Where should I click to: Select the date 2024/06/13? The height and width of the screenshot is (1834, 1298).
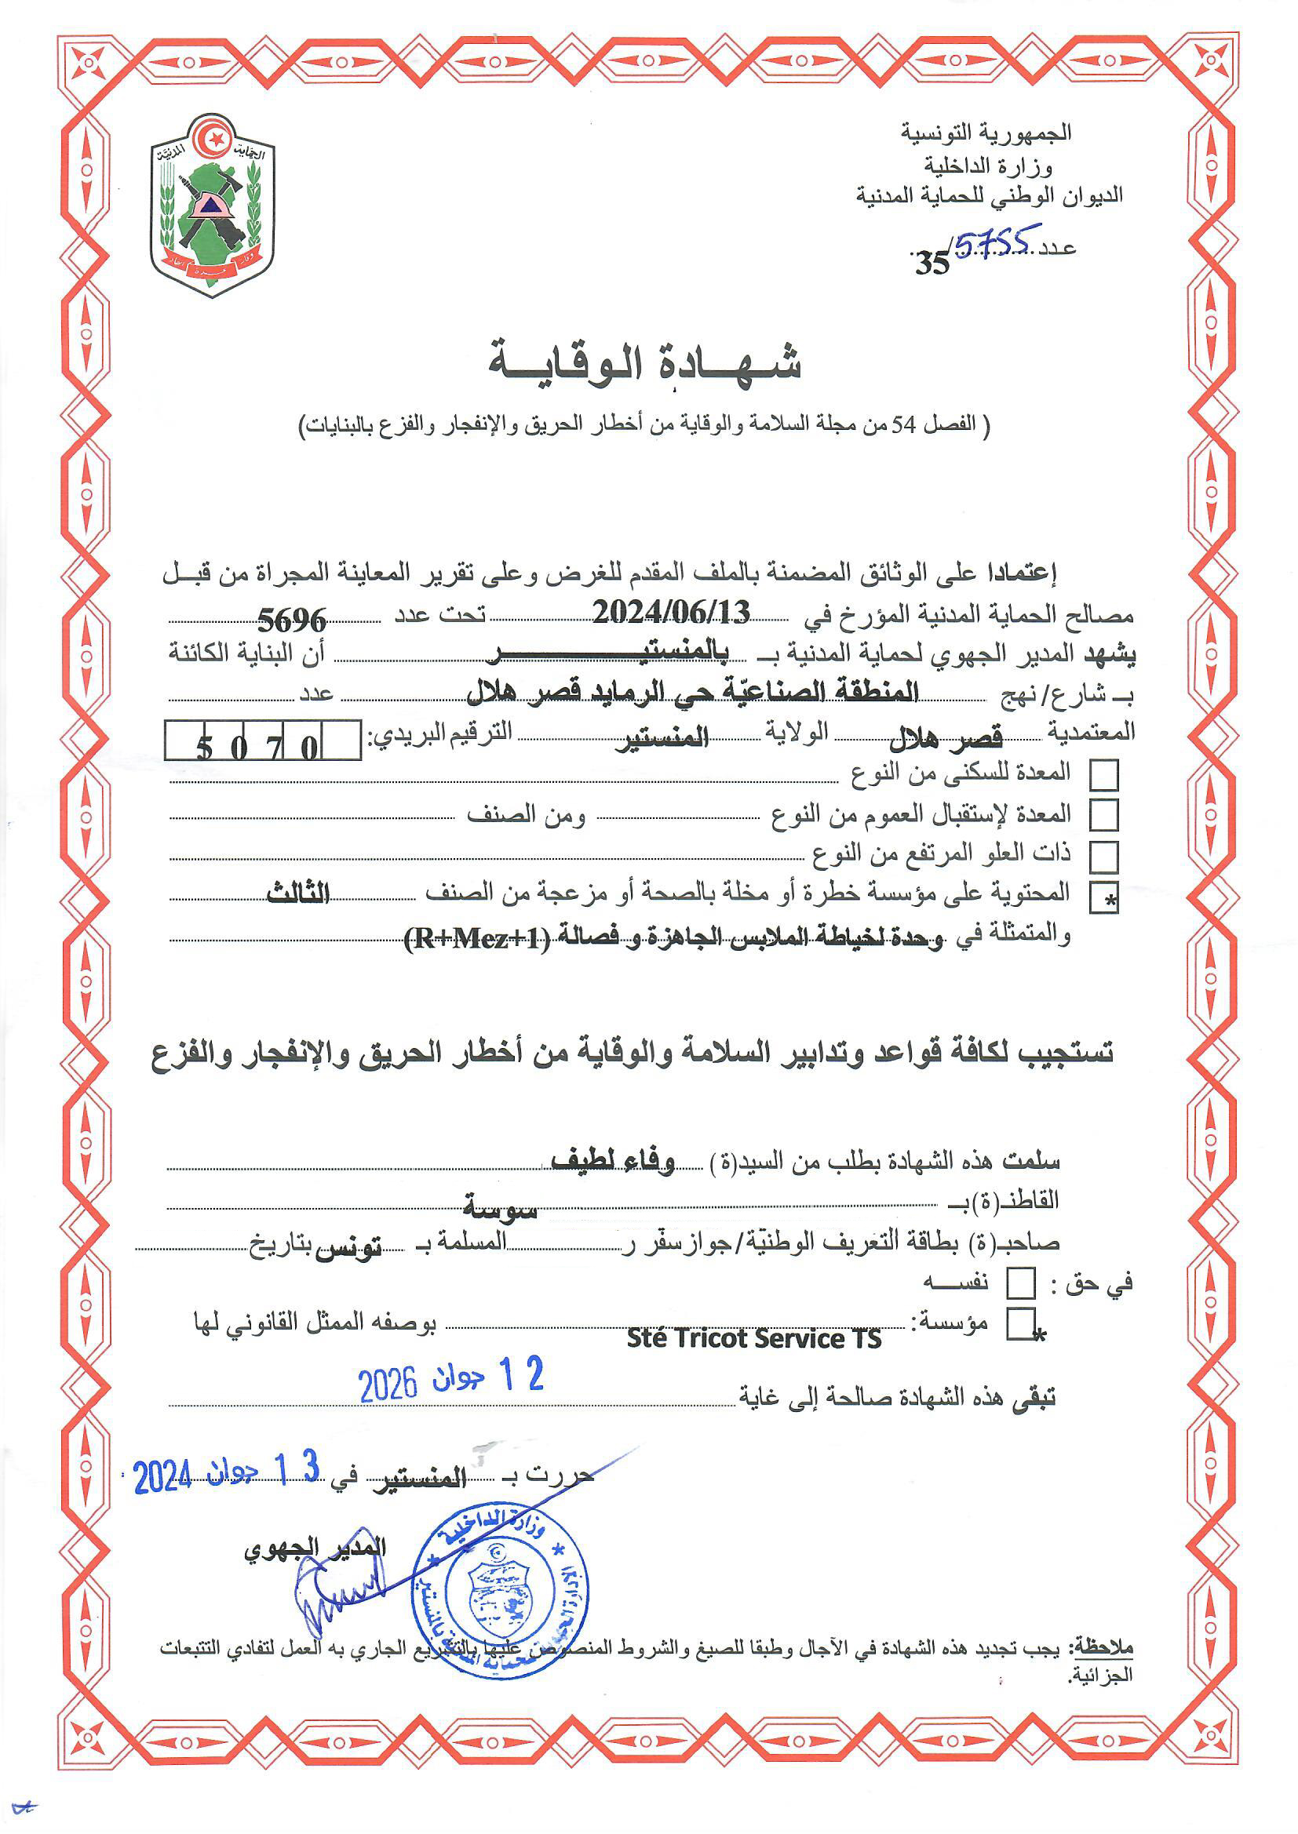[672, 613]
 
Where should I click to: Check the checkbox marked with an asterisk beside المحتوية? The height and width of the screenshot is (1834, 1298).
[1104, 899]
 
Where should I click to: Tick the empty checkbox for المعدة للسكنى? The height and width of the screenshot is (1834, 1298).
[1104, 775]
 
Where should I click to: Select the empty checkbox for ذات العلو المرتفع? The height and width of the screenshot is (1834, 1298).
[1104, 857]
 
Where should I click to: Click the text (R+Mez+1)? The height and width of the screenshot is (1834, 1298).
[478, 937]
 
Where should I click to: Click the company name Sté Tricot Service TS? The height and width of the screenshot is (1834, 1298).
[753, 1338]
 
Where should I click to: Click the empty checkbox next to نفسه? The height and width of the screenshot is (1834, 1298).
[1021, 1284]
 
